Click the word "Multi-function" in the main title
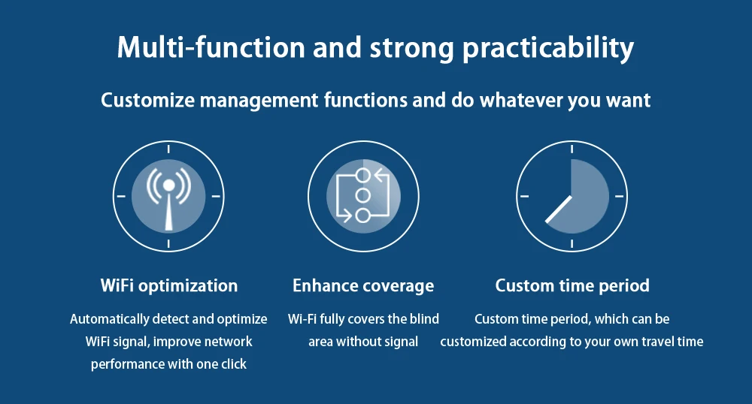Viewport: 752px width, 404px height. (211, 47)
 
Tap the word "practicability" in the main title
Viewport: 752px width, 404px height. (548, 50)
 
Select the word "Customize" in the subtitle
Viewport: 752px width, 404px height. (147, 100)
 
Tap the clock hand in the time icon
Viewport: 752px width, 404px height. (559, 210)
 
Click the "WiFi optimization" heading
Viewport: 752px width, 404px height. (168, 286)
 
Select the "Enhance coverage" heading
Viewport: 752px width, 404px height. (363, 286)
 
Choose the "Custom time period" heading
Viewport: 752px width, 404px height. (572, 286)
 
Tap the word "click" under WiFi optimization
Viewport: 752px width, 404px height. (234, 364)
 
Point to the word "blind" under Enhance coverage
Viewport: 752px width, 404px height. (424, 319)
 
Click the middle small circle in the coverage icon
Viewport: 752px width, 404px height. (362, 195)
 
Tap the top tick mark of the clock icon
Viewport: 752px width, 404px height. (572, 149)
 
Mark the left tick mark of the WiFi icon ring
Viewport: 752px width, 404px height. (121, 196)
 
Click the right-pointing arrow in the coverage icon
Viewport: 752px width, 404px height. (344, 216)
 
